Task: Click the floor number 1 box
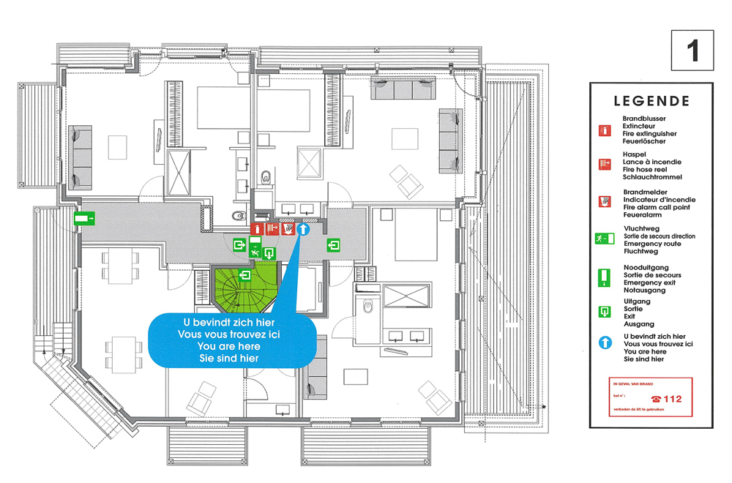692,50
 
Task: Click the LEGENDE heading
651,101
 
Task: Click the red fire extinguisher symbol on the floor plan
256,229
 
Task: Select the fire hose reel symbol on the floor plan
272,229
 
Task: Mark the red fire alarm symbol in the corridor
288,229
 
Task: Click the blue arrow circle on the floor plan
304,229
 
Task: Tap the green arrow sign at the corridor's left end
85,217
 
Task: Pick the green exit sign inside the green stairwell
244,275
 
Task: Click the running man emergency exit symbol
255,253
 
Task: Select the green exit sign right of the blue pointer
333,245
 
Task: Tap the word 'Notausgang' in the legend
644,291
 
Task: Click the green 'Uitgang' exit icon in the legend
605,312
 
